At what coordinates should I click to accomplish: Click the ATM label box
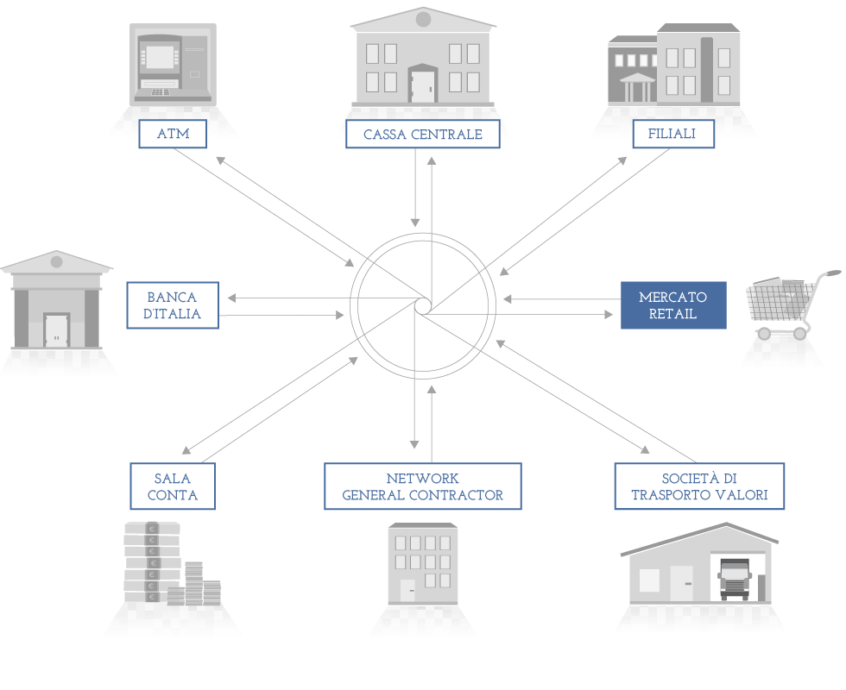click(173, 134)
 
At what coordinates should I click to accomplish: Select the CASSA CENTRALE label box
click(422, 134)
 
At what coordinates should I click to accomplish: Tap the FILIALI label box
click(673, 134)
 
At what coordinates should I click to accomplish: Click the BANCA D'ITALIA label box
click(173, 305)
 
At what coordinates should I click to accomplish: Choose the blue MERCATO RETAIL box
click(673, 305)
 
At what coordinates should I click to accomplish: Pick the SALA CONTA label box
click(173, 486)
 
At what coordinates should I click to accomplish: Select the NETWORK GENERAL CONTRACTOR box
click(422, 486)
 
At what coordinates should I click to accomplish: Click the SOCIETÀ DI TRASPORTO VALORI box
click(699, 486)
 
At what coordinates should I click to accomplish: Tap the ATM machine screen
click(161, 57)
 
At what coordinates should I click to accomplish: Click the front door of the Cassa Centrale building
click(422, 86)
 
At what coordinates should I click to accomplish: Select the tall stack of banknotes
click(152, 561)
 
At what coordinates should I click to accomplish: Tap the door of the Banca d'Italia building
click(57, 330)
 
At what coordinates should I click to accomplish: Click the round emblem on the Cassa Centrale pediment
click(424, 19)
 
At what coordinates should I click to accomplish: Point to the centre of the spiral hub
click(424, 305)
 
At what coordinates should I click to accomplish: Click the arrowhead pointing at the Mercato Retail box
click(609, 314)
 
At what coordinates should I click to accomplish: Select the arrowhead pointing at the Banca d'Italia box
click(232, 298)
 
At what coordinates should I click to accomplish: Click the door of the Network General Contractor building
click(407, 591)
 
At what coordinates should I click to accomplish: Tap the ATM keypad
click(160, 92)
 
